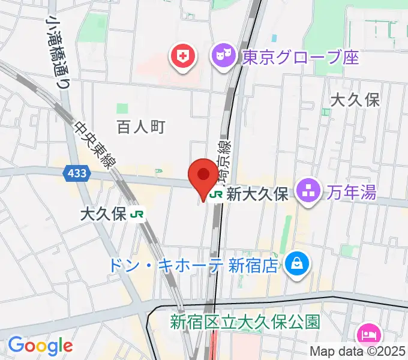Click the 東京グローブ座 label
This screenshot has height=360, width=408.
pyautogui.click(x=301, y=58)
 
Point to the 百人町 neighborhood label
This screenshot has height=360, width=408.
pyautogui.click(x=140, y=127)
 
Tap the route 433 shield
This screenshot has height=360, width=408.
pyautogui.click(x=77, y=173)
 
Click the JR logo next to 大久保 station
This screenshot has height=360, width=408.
pyautogui.click(x=139, y=214)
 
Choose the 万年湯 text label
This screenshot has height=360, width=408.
pyautogui.click(x=352, y=193)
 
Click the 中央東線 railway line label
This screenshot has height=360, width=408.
pyautogui.click(x=95, y=144)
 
